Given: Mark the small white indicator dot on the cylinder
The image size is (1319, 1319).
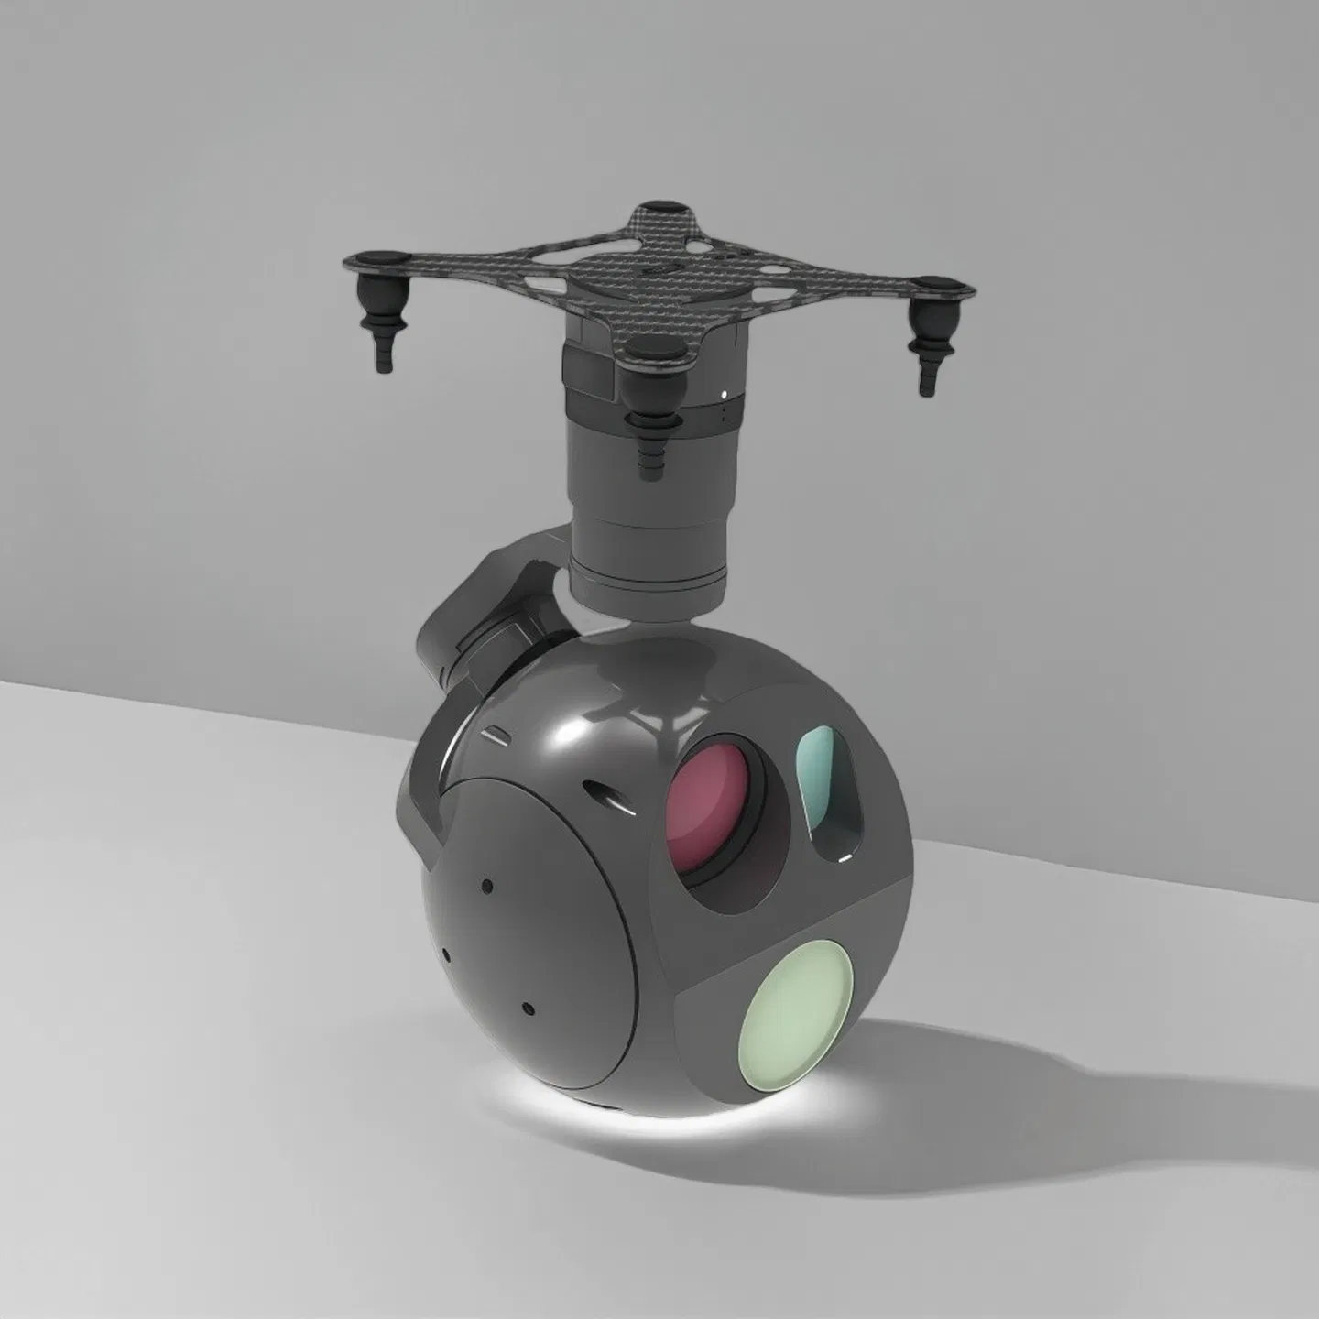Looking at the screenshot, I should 726,396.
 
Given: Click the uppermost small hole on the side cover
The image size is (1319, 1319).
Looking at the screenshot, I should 487,885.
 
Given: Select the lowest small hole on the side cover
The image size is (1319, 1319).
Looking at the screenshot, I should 528,1008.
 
